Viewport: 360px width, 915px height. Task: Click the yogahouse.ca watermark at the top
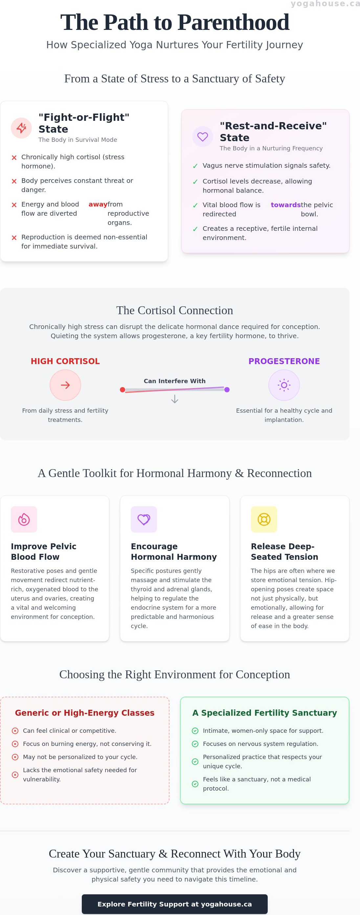click(x=325, y=4)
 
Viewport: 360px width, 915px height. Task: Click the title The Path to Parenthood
click(x=174, y=22)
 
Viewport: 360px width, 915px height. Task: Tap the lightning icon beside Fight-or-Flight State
click(x=21, y=128)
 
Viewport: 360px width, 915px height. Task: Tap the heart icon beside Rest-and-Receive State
click(x=203, y=136)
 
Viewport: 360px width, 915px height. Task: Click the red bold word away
click(x=98, y=204)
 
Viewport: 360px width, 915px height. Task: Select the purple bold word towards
click(x=286, y=205)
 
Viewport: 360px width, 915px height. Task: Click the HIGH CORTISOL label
click(x=65, y=361)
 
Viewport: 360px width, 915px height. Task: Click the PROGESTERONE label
click(x=284, y=361)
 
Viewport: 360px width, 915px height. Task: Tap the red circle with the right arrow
click(x=65, y=385)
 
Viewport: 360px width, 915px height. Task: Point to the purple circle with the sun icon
click(x=284, y=385)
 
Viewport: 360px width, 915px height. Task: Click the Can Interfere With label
click(x=174, y=381)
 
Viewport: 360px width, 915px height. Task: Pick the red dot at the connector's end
click(x=123, y=390)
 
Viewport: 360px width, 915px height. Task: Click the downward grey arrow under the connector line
click(x=174, y=399)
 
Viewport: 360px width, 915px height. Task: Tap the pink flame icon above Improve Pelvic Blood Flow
click(x=24, y=519)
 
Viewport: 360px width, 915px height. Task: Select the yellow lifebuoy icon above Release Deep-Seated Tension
click(x=264, y=519)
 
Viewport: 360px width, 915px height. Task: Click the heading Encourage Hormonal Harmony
click(x=174, y=552)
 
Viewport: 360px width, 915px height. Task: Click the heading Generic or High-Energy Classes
click(x=85, y=713)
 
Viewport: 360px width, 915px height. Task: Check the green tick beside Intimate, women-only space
click(x=195, y=730)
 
